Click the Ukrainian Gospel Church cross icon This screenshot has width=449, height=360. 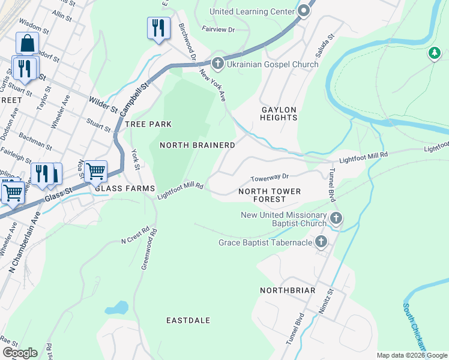pyautogui.click(x=217, y=63)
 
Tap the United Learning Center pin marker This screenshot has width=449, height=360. pyautogui.click(x=305, y=11)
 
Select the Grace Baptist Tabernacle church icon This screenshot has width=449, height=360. pyautogui.click(x=321, y=242)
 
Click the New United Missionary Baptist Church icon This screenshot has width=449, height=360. pyautogui.click(x=336, y=220)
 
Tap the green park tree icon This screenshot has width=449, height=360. pyautogui.click(x=434, y=54)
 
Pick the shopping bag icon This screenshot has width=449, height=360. pyautogui.click(x=27, y=44)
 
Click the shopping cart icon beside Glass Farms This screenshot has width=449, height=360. pyautogui.click(x=95, y=172)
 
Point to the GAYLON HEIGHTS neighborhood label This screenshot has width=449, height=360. pyautogui.click(x=279, y=114)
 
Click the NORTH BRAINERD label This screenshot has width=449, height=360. pyautogui.click(x=197, y=145)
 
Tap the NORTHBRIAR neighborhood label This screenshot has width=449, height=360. pyautogui.click(x=288, y=290)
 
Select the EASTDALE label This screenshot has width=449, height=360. pyautogui.click(x=188, y=320)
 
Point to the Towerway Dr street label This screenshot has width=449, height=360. pyautogui.click(x=270, y=178)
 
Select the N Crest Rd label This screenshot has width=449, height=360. pyautogui.click(x=134, y=239)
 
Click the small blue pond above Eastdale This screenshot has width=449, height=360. pyautogui.click(x=116, y=308)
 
